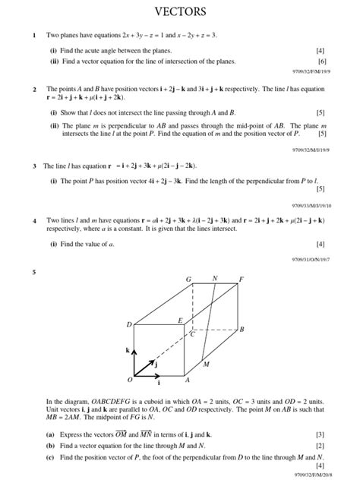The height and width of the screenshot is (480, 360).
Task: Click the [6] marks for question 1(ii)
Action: point(321,61)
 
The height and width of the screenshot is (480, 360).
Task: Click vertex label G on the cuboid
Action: point(189,280)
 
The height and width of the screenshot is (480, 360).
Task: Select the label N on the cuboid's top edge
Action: point(215,279)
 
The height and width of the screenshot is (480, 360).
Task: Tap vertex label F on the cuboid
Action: point(242,280)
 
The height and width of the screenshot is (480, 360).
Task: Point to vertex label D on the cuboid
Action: point(129,324)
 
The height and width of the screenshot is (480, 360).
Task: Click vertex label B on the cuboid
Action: point(242,330)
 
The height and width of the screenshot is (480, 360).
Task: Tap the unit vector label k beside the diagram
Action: point(127,350)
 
